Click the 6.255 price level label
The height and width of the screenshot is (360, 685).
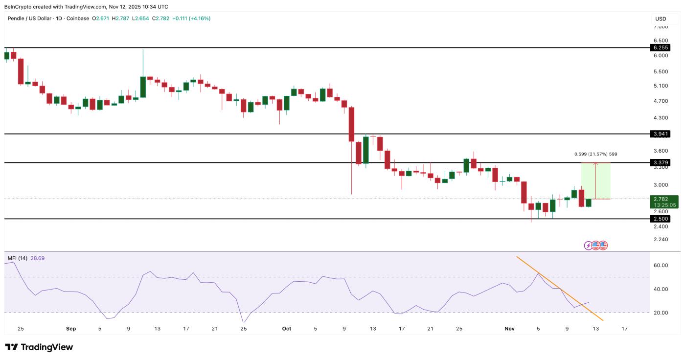pos(660,47)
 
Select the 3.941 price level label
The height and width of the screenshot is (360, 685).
pos(660,134)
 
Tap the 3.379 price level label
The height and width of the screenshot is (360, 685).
pos(660,162)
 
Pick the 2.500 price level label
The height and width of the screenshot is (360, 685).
pos(660,219)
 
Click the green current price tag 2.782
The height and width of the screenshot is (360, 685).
pos(660,199)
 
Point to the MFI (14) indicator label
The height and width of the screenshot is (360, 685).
pos(18,258)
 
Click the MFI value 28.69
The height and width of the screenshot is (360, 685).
pos(38,258)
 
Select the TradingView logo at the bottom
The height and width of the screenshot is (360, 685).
pos(39,347)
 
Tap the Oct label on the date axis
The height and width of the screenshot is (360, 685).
pos(287,329)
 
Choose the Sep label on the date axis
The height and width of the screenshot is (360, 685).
pos(71,329)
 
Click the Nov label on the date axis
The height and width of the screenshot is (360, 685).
pos(510,329)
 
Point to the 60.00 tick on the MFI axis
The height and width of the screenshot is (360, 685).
pos(661,265)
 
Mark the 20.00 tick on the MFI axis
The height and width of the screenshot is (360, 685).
pos(661,313)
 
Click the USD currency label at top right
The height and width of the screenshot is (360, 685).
pos(661,19)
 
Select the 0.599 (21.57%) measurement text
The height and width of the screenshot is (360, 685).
pos(595,154)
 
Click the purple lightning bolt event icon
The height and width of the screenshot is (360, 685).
pos(588,245)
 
